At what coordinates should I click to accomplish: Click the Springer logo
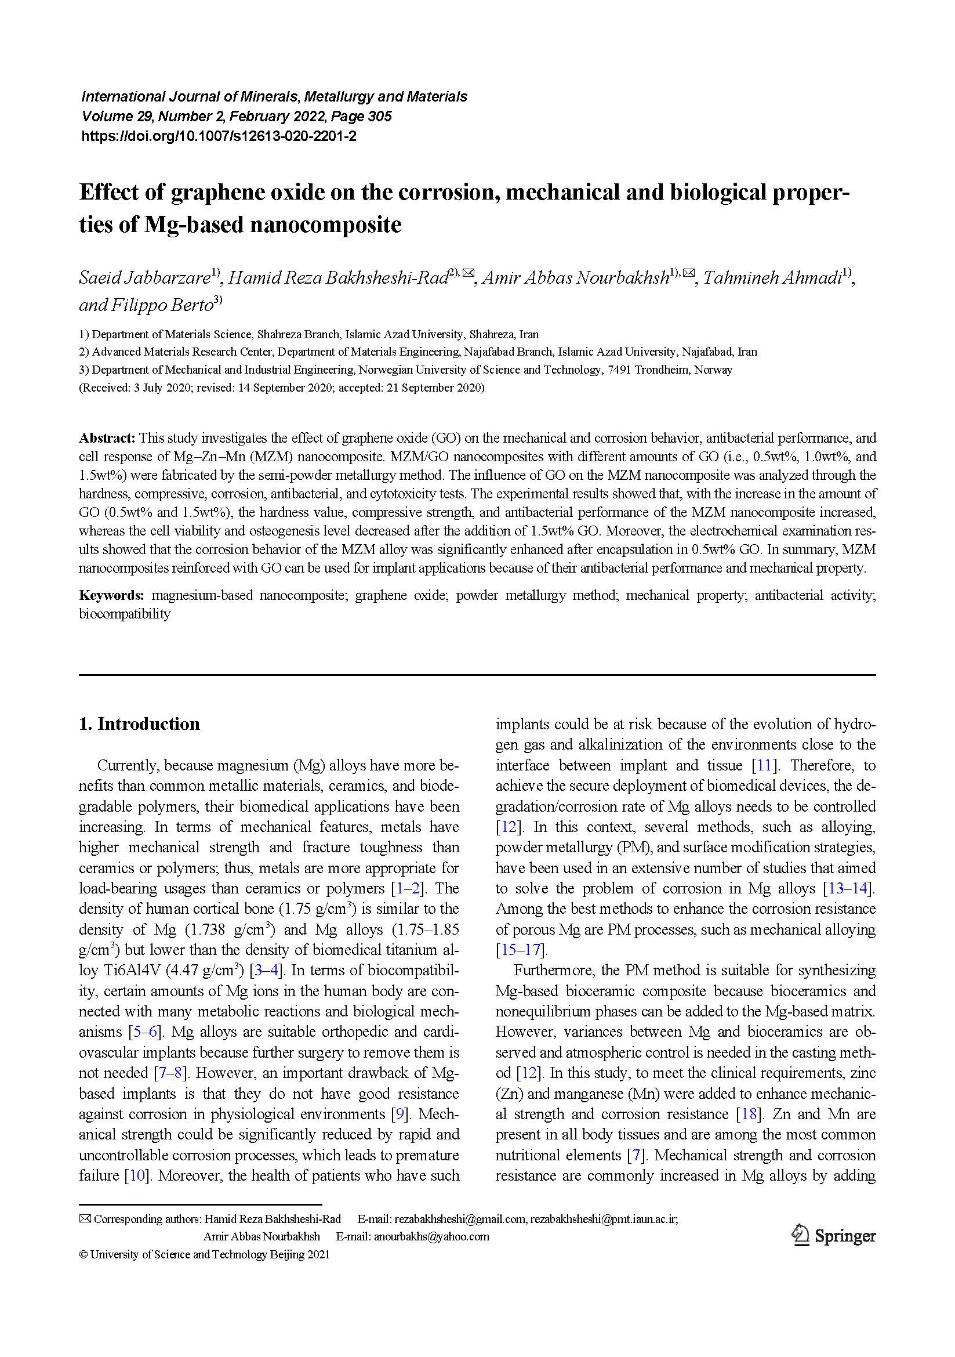[x=834, y=1236]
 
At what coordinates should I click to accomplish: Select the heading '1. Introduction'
[x=139, y=724]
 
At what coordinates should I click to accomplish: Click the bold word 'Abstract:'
[x=107, y=438]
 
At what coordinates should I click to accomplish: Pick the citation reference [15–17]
[x=521, y=950]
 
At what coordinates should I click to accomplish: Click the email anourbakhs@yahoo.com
[x=431, y=1236]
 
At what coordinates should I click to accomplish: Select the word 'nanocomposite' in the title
[x=324, y=225]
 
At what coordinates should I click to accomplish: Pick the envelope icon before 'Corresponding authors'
[x=85, y=1219]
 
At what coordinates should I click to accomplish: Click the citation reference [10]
[x=137, y=1175]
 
